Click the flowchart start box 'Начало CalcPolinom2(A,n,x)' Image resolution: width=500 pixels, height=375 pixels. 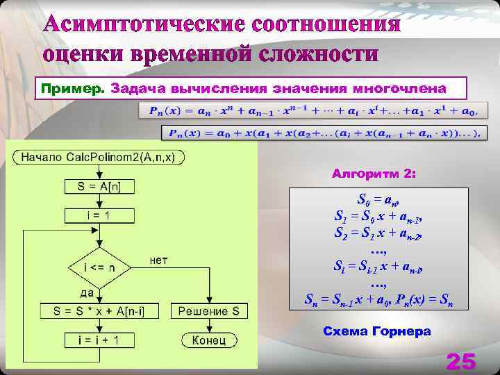[x=101, y=157]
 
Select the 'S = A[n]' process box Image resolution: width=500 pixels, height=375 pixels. [x=99, y=186]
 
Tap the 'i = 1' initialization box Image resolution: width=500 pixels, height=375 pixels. [x=99, y=216]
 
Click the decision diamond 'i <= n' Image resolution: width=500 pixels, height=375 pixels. [x=99, y=267]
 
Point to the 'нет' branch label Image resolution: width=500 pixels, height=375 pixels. [x=158, y=260]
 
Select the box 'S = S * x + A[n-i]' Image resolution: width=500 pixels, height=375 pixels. [x=99, y=311]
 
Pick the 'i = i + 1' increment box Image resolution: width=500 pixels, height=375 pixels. [x=99, y=340]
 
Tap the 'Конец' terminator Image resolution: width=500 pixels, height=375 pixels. [x=209, y=340]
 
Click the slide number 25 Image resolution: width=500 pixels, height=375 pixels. [x=461, y=361]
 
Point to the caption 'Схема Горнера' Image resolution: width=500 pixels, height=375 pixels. [x=377, y=331]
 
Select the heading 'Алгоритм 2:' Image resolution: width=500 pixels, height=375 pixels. [x=374, y=173]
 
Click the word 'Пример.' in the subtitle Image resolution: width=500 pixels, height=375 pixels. [x=72, y=89]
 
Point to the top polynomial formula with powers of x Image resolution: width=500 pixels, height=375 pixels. [x=314, y=110]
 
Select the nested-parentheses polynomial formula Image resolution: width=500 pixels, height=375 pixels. [x=321, y=133]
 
